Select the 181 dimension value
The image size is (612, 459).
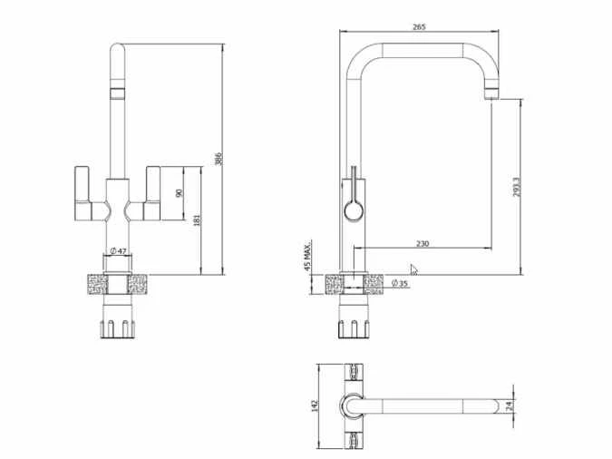tap(196, 219)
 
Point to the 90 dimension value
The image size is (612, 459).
tap(179, 193)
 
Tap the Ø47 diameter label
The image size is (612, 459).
tap(118, 250)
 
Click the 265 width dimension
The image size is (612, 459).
tap(419, 27)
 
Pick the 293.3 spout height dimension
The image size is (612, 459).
tap(515, 188)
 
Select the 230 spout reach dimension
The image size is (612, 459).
tap(423, 243)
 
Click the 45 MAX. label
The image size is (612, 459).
tap(309, 257)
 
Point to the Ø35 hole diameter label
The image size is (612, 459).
tap(400, 284)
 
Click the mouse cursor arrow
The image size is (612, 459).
tap(414, 269)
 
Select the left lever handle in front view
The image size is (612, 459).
tap(88, 192)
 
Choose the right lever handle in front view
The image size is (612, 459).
tap(151, 192)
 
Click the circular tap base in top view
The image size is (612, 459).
tap(352, 405)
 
